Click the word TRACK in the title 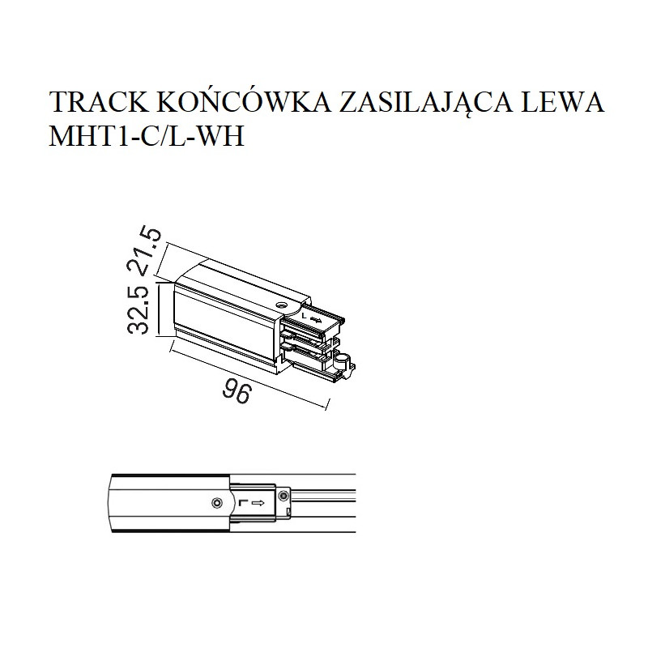99,102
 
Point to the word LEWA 562,102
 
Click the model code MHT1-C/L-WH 147,136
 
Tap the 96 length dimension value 237,393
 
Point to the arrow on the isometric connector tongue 316,319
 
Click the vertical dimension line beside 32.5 159,309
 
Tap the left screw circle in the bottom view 216,503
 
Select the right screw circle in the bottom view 283,495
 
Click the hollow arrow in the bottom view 258,503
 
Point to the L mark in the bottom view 242,503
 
